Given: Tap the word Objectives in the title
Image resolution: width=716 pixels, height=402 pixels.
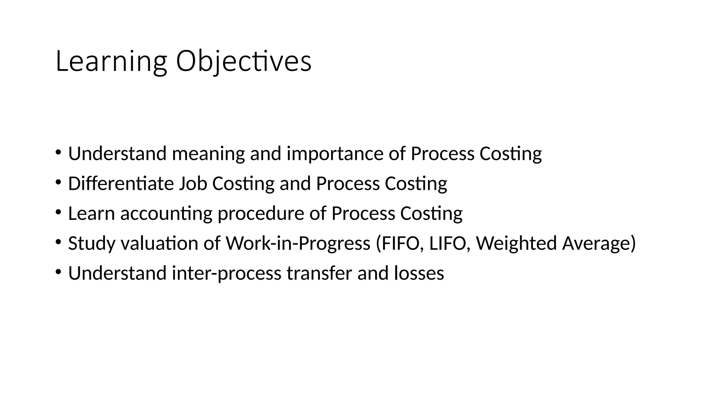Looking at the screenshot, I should click(x=243, y=61).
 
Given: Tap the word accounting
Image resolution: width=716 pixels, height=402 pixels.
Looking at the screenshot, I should click(x=166, y=213).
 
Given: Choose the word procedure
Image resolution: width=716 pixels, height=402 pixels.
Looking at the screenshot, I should click(x=261, y=213).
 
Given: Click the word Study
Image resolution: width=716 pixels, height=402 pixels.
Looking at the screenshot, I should click(x=92, y=243).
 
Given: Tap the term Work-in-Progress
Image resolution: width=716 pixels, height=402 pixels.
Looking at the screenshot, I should click(x=298, y=243).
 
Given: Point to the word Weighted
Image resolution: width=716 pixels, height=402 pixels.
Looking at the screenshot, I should click(x=516, y=243).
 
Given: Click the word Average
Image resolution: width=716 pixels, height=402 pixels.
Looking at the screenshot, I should click(x=596, y=243).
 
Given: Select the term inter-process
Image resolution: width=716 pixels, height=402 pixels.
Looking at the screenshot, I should click(x=227, y=273).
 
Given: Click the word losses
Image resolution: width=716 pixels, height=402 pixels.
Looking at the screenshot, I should click(x=419, y=273).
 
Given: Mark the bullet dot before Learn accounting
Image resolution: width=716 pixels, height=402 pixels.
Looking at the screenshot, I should click(x=58, y=212).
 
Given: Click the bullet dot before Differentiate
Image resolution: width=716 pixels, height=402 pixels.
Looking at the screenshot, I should click(x=58, y=182).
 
